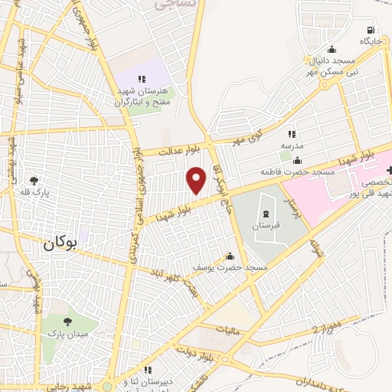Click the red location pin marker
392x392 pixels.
click(197, 180)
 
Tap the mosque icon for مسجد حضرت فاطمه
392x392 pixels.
click(297, 160)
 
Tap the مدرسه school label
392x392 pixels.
click(292, 145)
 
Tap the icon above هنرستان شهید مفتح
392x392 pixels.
click(142, 78)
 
